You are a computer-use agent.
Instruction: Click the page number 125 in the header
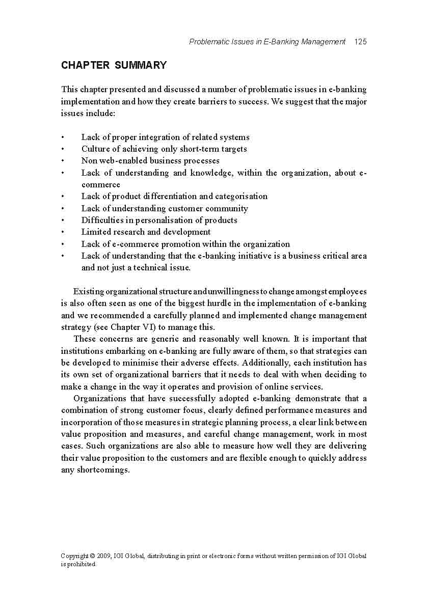[x=360, y=42]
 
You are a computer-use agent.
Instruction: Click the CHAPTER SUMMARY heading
[x=114, y=65]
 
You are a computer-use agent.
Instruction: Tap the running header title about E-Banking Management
[x=267, y=42]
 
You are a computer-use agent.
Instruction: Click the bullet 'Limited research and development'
[x=146, y=232]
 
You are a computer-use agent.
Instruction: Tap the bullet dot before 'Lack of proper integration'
[x=63, y=137]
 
